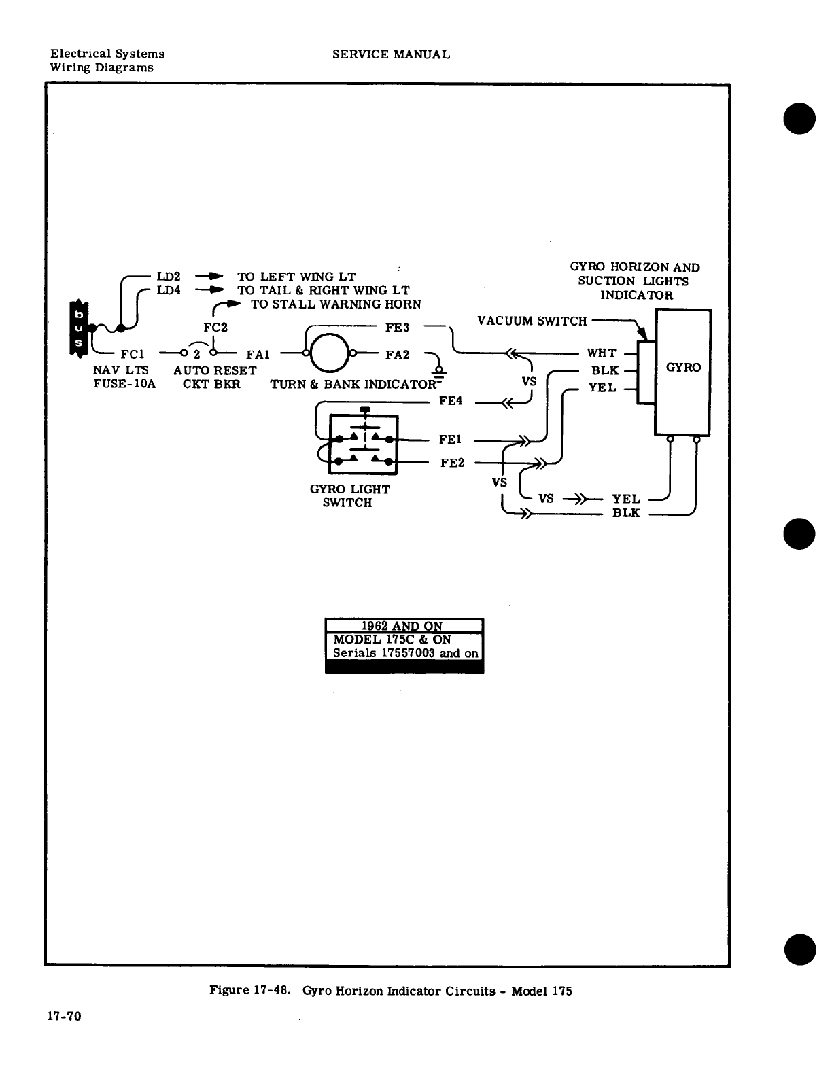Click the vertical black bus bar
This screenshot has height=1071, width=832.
pyautogui.click(x=78, y=328)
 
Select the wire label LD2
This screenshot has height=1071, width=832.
pyautogui.click(x=169, y=277)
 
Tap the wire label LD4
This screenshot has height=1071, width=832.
pyautogui.click(x=169, y=290)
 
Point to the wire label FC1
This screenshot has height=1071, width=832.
pyautogui.click(x=132, y=354)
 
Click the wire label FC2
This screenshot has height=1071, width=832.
pyautogui.click(x=215, y=328)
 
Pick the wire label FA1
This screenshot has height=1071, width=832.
pyautogui.click(x=258, y=354)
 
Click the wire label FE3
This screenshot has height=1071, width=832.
pyautogui.click(x=397, y=328)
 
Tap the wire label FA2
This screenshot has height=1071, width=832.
pyautogui.click(x=397, y=354)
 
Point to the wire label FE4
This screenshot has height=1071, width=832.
pyautogui.click(x=451, y=401)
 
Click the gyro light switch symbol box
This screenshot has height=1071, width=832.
pyautogui.click(x=362, y=443)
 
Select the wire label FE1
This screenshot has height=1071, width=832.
pyautogui.click(x=451, y=440)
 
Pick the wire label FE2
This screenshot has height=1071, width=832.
pyautogui.click(x=452, y=463)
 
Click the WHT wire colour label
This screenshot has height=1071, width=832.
pyautogui.click(x=602, y=353)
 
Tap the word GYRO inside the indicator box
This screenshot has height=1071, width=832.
pyautogui.click(x=682, y=368)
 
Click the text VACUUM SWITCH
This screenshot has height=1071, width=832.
pyautogui.click(x=532, y=321)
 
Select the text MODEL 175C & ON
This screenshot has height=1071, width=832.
pyautogui.click(x=392, y=639)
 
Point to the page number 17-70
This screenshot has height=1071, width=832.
pyautogui.click(x=64, y=1017)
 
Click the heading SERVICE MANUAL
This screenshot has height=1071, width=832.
pyautogui.click(x=391, y=54)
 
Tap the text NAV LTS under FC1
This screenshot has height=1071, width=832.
pyautogui.click(x=120, y=370)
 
